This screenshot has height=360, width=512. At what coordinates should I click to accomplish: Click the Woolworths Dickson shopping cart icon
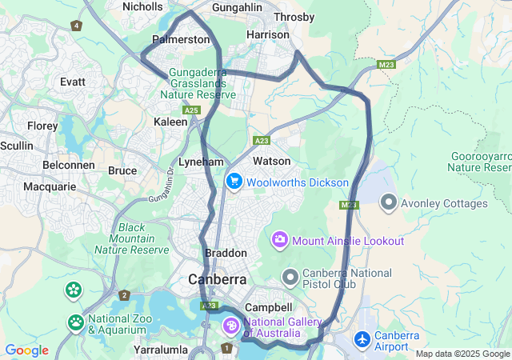click(x=234, y=182)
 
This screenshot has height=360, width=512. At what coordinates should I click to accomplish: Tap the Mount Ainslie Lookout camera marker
click(x=280, y=240)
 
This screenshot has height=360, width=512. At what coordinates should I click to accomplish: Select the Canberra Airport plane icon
click(x=362, y=339)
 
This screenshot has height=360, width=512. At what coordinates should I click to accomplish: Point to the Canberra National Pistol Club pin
click(x=290, y=277)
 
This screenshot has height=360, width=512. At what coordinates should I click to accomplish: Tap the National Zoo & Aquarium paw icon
click(x=76, y=322)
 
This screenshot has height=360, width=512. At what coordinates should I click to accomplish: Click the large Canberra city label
click(x=217, y=280)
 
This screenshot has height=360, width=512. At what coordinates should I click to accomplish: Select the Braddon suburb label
click(x=226, y=253)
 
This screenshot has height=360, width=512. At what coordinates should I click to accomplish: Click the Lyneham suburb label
click(x=200, y=162)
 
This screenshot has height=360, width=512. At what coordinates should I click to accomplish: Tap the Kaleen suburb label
click(x=170, y=122)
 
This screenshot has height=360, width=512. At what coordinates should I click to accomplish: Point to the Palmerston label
click(x=182, y=39)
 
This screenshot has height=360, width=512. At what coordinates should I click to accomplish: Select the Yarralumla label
click(x=161, y=350)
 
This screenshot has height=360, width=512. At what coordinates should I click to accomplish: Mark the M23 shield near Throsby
click(x=387, y=64)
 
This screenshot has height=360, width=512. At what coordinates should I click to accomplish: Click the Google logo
click(x=27, y=350)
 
